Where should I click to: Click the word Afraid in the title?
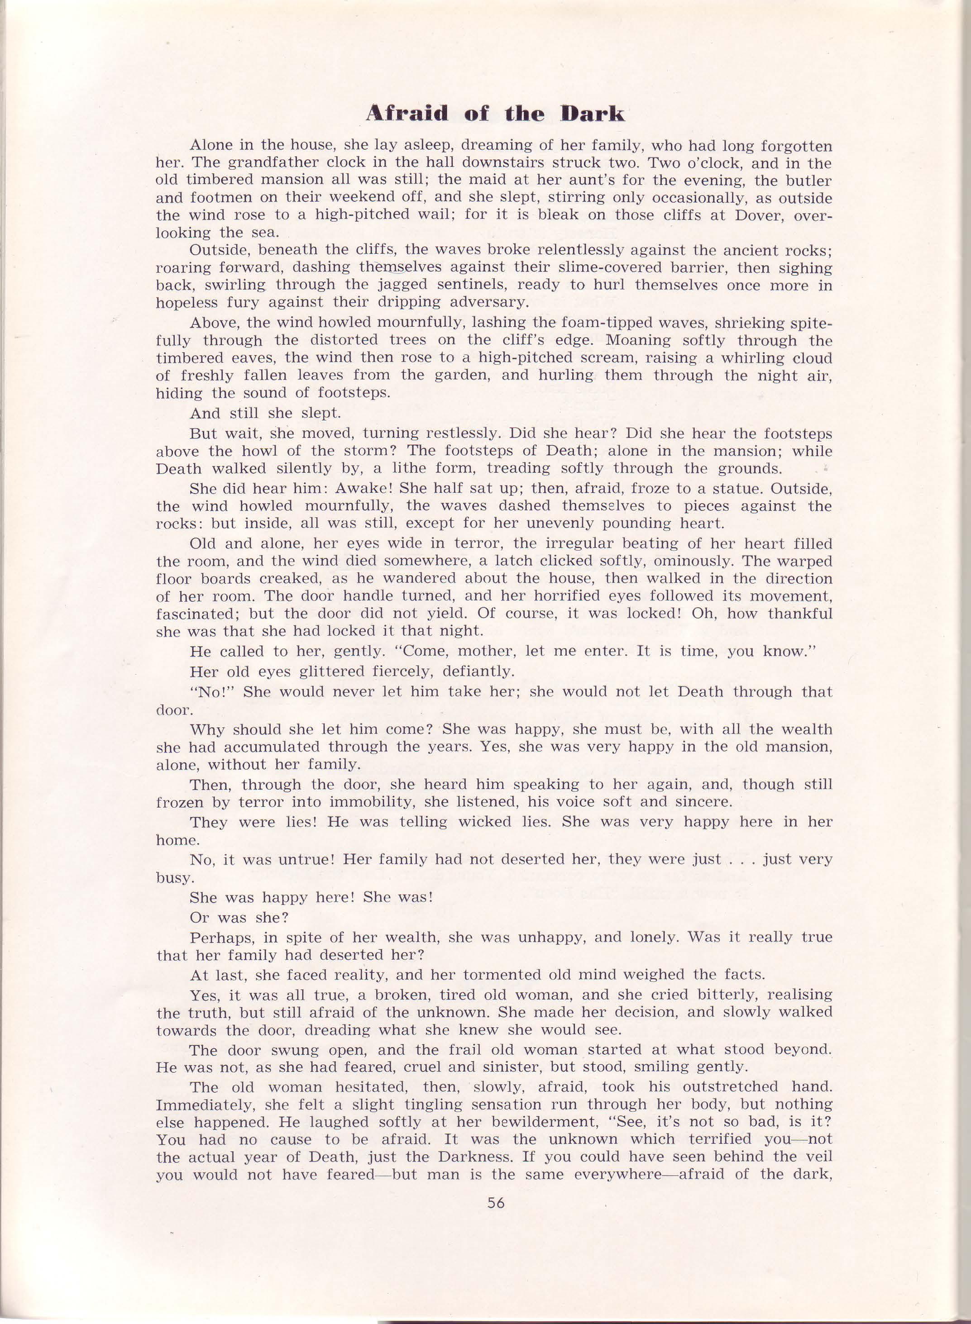406,114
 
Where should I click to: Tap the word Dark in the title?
592,114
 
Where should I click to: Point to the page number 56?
496,1203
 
